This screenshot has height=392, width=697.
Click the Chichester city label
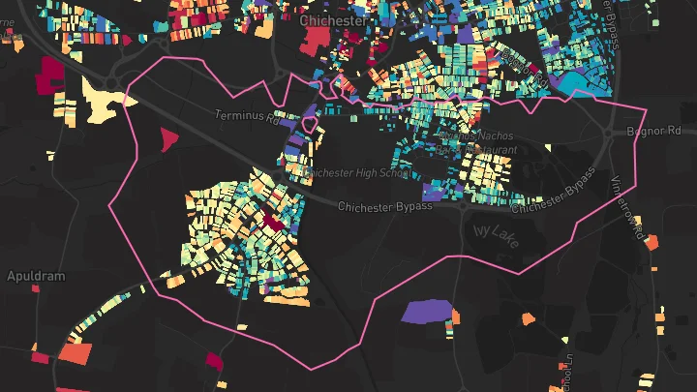click(x=334, y=19)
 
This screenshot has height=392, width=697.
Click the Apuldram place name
click(x=36, y=277)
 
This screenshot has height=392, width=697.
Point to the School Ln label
click(x=565, y=370)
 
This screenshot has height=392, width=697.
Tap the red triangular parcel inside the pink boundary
click(x=167, y=139)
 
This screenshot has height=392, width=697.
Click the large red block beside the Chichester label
click(x=317, y=41)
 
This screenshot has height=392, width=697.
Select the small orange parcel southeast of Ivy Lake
click(x=528, y=317)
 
